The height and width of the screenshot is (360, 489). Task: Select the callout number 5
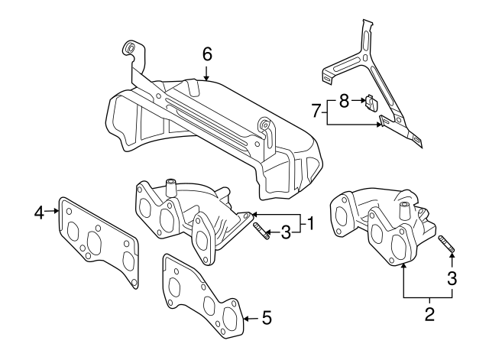tap(266, 317)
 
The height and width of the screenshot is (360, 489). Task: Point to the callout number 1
tap(310, 225)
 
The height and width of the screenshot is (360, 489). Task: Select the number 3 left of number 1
tap(285, 232)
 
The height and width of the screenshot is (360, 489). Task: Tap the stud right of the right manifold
tap(446, 248)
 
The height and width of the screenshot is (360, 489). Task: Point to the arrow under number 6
tap(206, 73)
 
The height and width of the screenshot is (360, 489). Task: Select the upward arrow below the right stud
tap(452, 264)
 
